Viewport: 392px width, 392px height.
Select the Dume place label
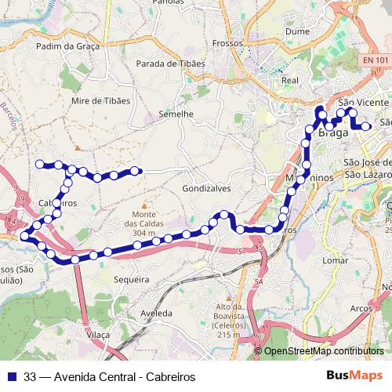[299, 31]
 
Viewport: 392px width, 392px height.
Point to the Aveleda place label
[156, 312]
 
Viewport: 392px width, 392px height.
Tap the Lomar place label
[335, 260]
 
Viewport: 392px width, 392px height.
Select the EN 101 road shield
[376, 60]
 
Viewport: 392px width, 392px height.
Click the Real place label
[290, 80]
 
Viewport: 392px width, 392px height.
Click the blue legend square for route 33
[12, 376]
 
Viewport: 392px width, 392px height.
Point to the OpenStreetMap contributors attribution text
[323, 351]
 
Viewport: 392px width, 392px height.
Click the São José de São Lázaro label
[367, 168]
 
